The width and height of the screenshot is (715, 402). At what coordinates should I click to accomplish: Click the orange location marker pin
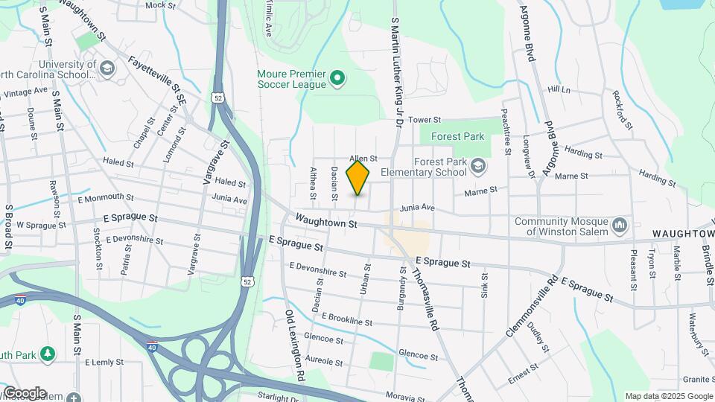pyautogui.click(x=358, y=178)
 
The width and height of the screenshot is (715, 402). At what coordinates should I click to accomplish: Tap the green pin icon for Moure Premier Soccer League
pyautogui.click(x=337, y=77)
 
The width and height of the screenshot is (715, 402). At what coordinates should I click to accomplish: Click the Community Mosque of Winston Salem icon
pyautogui.click(x=620, y=225)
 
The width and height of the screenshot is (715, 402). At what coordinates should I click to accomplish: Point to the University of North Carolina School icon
pyautogui.click(x=108, y=68)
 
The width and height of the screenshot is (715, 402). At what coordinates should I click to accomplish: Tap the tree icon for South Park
pyautogui.click(x=48, y=352)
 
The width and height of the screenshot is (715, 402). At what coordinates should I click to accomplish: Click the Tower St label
pyautogui.click(x=425, y=119)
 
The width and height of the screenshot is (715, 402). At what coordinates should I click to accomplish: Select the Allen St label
pyautogui.click(x=364, y=159)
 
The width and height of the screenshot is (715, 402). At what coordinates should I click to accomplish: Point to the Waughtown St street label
pyautogui.click(x=325, y=221)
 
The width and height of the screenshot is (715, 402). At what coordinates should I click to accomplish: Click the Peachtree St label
pyautogui.click(x=506, y=133)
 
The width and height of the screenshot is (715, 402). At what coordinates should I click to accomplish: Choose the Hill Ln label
pyautogui.click(x=559, y=89)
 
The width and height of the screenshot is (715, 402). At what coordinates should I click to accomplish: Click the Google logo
pyautogui.click(x=25, y=392)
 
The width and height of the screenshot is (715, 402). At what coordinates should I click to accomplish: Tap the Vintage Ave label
pyautogui.click(x=25, y=92)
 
